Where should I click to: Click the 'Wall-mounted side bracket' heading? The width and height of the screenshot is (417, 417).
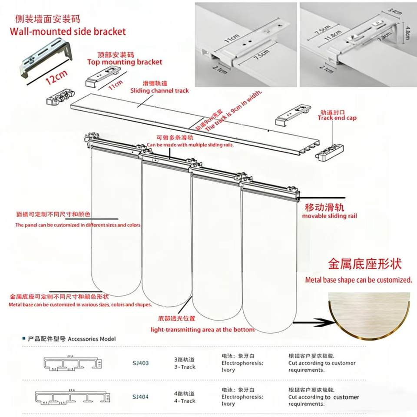[x=67, y=31]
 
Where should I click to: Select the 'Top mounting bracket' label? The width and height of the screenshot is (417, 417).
[x=125, y=62]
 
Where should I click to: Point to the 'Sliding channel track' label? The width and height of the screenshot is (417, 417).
[x=160, y=91]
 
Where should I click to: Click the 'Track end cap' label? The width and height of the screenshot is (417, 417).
[x=337, y=118]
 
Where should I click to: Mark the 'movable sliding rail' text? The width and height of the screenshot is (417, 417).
[x=329, y=216]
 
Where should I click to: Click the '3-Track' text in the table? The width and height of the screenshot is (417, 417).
[x=185, y=367]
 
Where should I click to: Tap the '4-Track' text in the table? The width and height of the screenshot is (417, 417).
[x=185, y=401]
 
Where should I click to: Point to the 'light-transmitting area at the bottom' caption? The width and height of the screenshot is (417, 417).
[x=202, y=330]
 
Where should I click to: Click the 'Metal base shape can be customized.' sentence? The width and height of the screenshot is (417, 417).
[x=358, y=280]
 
